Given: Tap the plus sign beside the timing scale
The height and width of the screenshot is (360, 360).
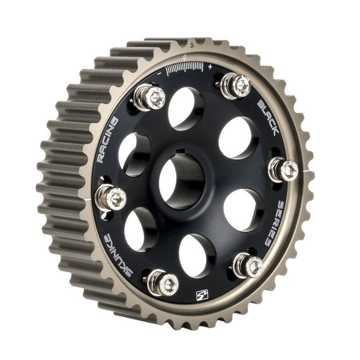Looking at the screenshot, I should coord(210,66).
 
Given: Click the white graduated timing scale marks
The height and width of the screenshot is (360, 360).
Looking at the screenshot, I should coord(185,68).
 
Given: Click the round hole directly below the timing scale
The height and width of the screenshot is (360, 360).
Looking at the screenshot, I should coord(186,108).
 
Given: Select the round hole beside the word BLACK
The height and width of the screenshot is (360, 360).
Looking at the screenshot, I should coord(238,137).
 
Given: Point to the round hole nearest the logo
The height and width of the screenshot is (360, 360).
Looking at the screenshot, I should coord(197,255).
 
